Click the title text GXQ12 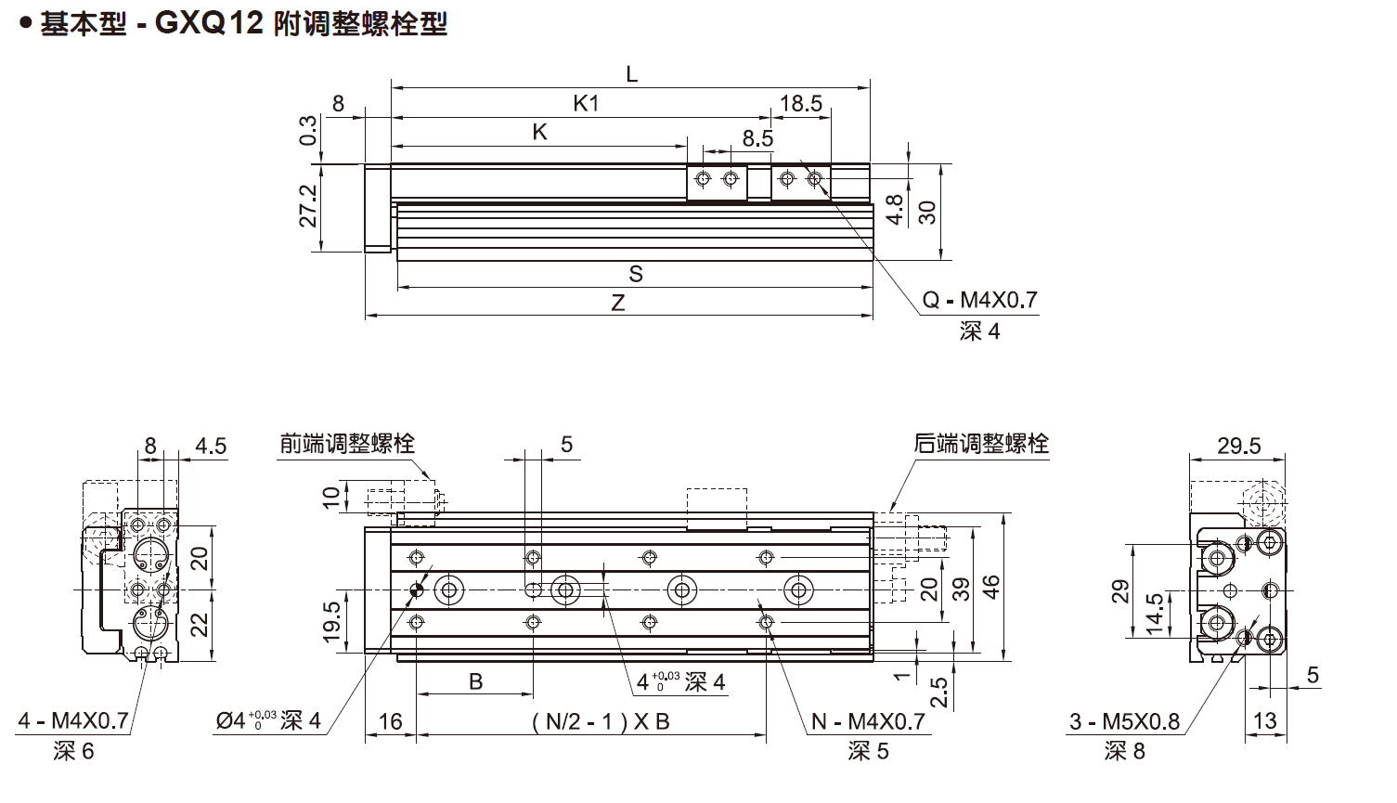point(209,22)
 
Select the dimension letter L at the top point(631,74)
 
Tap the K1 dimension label point(586,103)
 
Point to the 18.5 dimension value point(800,103)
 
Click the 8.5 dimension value point(757,138)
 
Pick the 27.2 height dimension point(308,205)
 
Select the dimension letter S point(636,274)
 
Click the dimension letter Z point(618,303)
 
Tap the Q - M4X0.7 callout point(979,300)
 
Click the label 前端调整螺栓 point(347,444)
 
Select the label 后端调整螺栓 point(981,444)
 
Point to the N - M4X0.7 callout point(868,721)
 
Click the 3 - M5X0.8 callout point(1124,721)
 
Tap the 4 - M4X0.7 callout point(73,720)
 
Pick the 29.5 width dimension point(1239,446)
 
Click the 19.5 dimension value point(331,621)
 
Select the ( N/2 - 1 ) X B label point(601,721)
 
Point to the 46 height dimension point(991,587)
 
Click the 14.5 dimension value point(1154,614)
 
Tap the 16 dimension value point(391,721)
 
